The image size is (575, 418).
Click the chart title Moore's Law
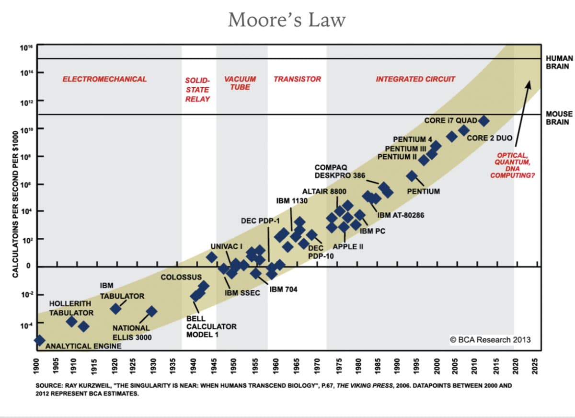(x=287, y=20)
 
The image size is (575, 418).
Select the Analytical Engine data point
(x=39, y=340)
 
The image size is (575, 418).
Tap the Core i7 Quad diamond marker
(x=483, y=121)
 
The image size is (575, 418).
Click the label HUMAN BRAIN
(x=559, y=62)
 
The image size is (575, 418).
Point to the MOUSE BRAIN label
(x=559, y=118)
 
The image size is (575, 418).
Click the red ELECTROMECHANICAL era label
(x=104, y=79)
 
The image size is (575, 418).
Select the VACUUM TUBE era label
(x=240, y=83)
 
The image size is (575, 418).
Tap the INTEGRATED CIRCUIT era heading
(x=415, y=79)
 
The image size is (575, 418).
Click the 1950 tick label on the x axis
(x=233, y=366)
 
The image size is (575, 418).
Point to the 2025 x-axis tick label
(x=534, y=366)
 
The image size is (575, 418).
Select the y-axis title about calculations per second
(x=15, y=204)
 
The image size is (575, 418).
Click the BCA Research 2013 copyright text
(x=490, y=340)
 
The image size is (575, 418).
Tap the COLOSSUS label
(x=181, y=277)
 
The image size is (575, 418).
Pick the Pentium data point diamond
(x=412, y=176)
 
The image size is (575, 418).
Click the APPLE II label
(x=348, y=247)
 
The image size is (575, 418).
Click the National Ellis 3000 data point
(x=151, y=312)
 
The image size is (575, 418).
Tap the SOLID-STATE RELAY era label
(x=197, y=90)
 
